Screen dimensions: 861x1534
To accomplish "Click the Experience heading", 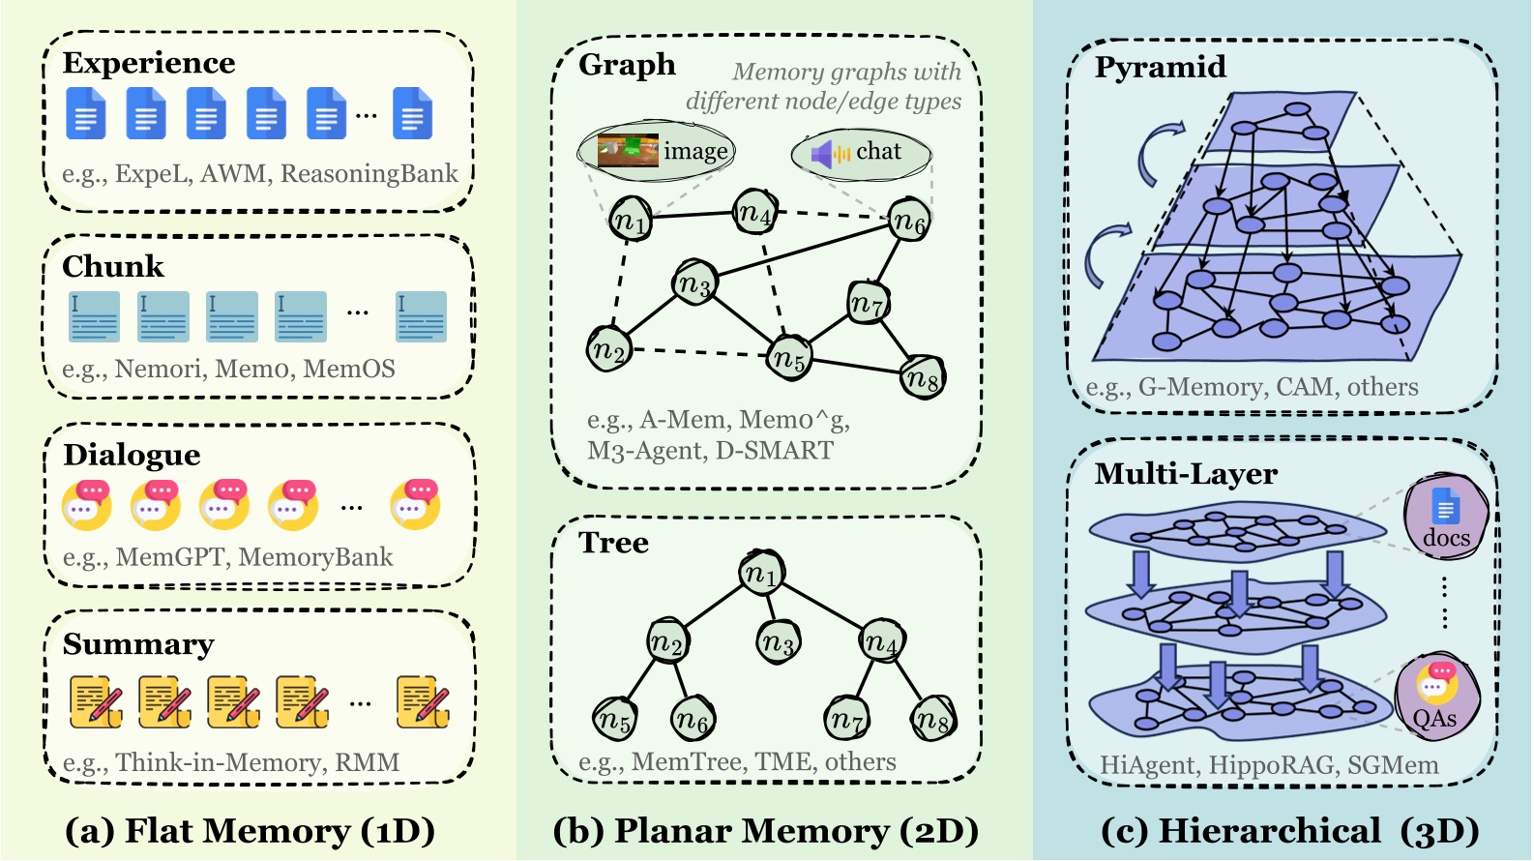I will point(148,63).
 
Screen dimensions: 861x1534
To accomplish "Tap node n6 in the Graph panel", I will point(909,222).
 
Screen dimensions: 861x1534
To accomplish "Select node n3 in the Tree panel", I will point(779,641).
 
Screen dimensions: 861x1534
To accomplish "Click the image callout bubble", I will point(657,151).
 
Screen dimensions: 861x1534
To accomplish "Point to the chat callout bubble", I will point(861,153).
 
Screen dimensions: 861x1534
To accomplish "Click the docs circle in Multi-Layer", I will point(1445,519).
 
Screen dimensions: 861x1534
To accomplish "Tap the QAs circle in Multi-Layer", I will point(1437,698).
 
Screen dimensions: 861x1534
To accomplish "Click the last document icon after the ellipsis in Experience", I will point(412,114).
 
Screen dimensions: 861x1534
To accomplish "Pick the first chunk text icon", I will point(94,317).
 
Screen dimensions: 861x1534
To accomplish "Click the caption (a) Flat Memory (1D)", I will point(250,830).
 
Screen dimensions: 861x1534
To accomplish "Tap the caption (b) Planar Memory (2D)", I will point(765,830).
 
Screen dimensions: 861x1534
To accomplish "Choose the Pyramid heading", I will point(1160,67).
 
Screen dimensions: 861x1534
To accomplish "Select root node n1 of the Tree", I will point(760,574).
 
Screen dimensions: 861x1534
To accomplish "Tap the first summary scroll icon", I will point(96,702).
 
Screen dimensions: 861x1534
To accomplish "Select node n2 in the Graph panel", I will point(609,349).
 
